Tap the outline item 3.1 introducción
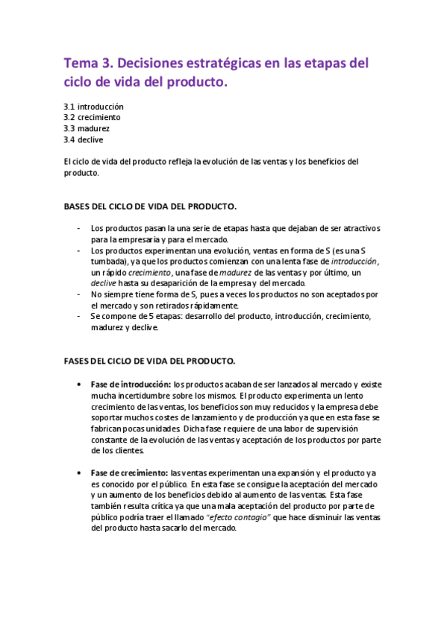coord(93,107)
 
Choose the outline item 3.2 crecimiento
coord(92,118)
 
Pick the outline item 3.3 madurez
coord(87,128)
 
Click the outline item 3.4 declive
coord(84,139)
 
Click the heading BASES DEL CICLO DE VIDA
coord(151,205)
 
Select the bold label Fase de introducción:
coord(130,383)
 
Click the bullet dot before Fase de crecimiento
coord(79,473)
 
